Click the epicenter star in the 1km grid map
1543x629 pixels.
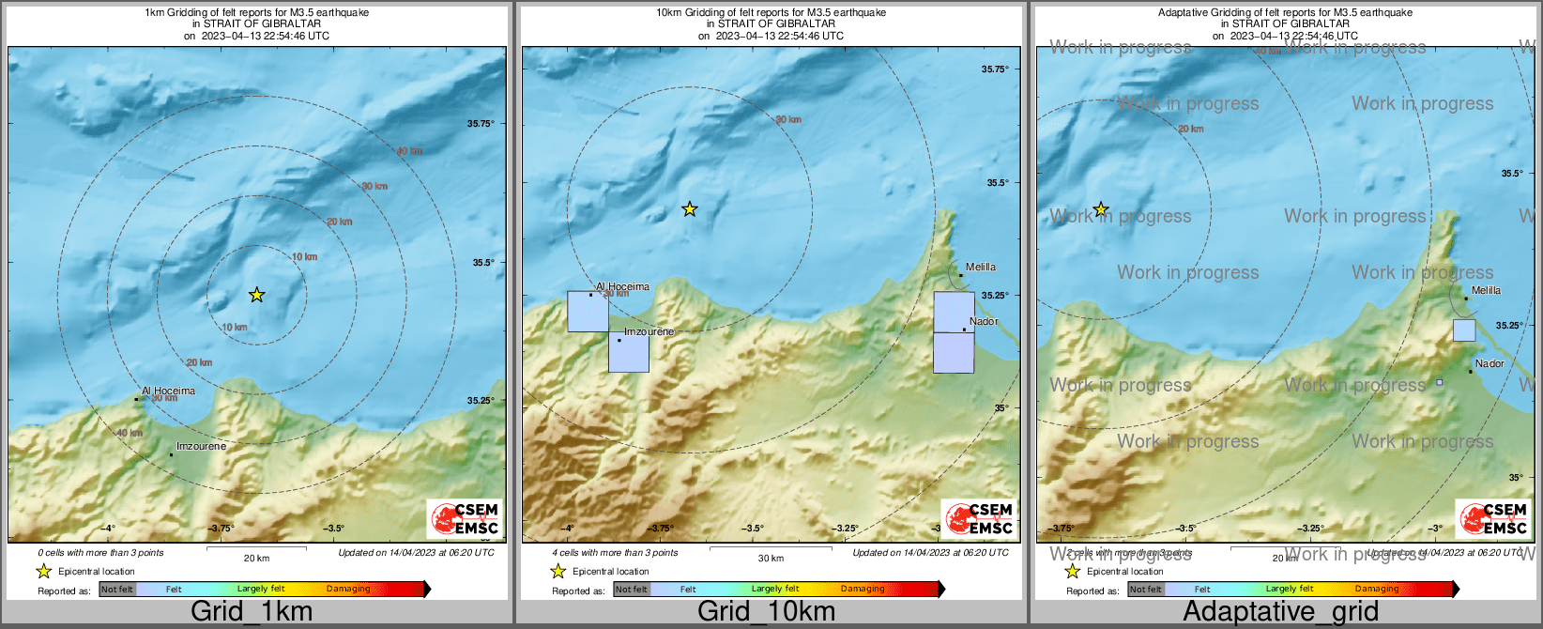(x=256, y=295)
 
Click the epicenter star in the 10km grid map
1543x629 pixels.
(x=690, y=209)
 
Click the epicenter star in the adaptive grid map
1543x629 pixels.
(x=1101, y=209)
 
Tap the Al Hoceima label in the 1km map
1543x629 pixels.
(x=168, y=391)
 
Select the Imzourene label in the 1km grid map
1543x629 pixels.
(x=201, y=446)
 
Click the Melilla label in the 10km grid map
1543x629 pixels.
(x=980, y=267)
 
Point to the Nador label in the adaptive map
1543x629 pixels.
(x=1490, y=363)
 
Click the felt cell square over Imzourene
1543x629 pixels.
(x=629, y=352)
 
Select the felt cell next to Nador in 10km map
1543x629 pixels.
(x=954, y=313)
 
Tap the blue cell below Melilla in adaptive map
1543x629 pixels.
(x=1463, y=330)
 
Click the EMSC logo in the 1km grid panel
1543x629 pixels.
(x=465, y=518)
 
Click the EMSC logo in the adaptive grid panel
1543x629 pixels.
(x=1493, y=518)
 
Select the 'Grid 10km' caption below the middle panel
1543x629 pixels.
(x=766, y=611)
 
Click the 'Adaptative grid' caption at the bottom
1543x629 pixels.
(x=1280, y=611)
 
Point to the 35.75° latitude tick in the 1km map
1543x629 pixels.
(x=481, y=123)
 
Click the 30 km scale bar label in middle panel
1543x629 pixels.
(x=771, y=558)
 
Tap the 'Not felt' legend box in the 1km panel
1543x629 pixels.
(x=117, y=589)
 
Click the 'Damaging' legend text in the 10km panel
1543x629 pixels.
(x=863, y=589)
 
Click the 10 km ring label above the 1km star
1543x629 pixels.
(x=304, y=256)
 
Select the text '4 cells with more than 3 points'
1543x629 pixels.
(x=615, y=552)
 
